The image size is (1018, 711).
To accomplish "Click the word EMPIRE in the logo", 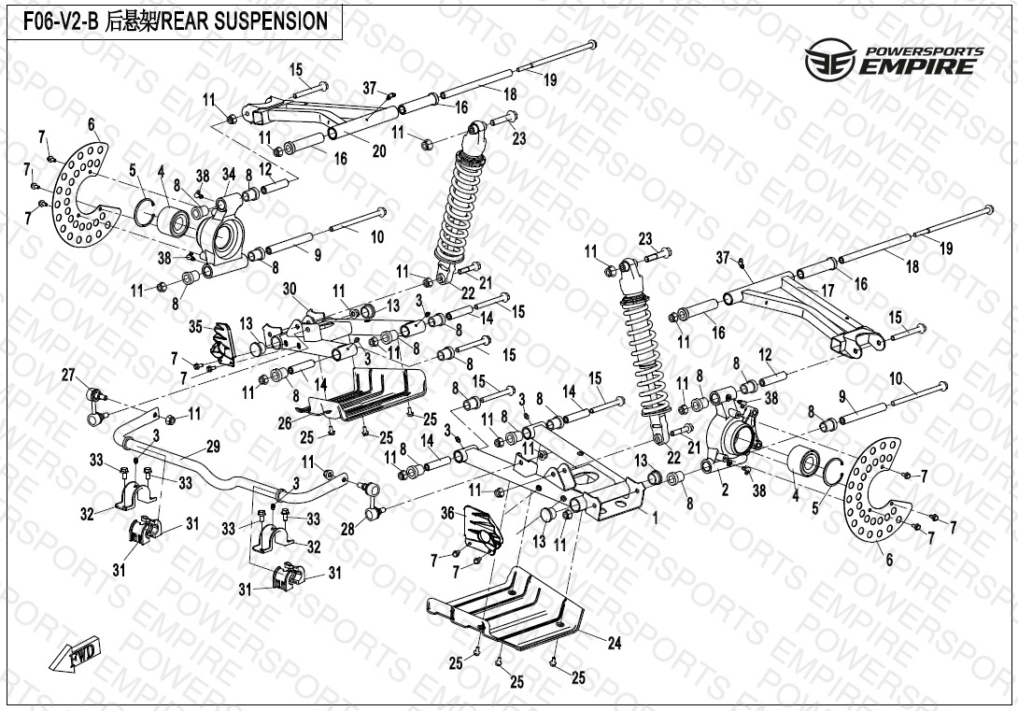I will point(920,66).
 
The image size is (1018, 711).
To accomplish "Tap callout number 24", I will point(614,643).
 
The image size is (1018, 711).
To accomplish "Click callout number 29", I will point(212,446).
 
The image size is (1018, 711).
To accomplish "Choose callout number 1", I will point(655,517).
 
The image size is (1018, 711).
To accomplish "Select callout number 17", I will point(827,291).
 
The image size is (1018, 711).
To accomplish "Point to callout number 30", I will point(289,288).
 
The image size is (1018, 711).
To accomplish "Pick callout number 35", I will point(195,326).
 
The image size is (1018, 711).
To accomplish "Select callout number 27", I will point(67,375).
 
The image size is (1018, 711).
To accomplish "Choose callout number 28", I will point(347,530).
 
